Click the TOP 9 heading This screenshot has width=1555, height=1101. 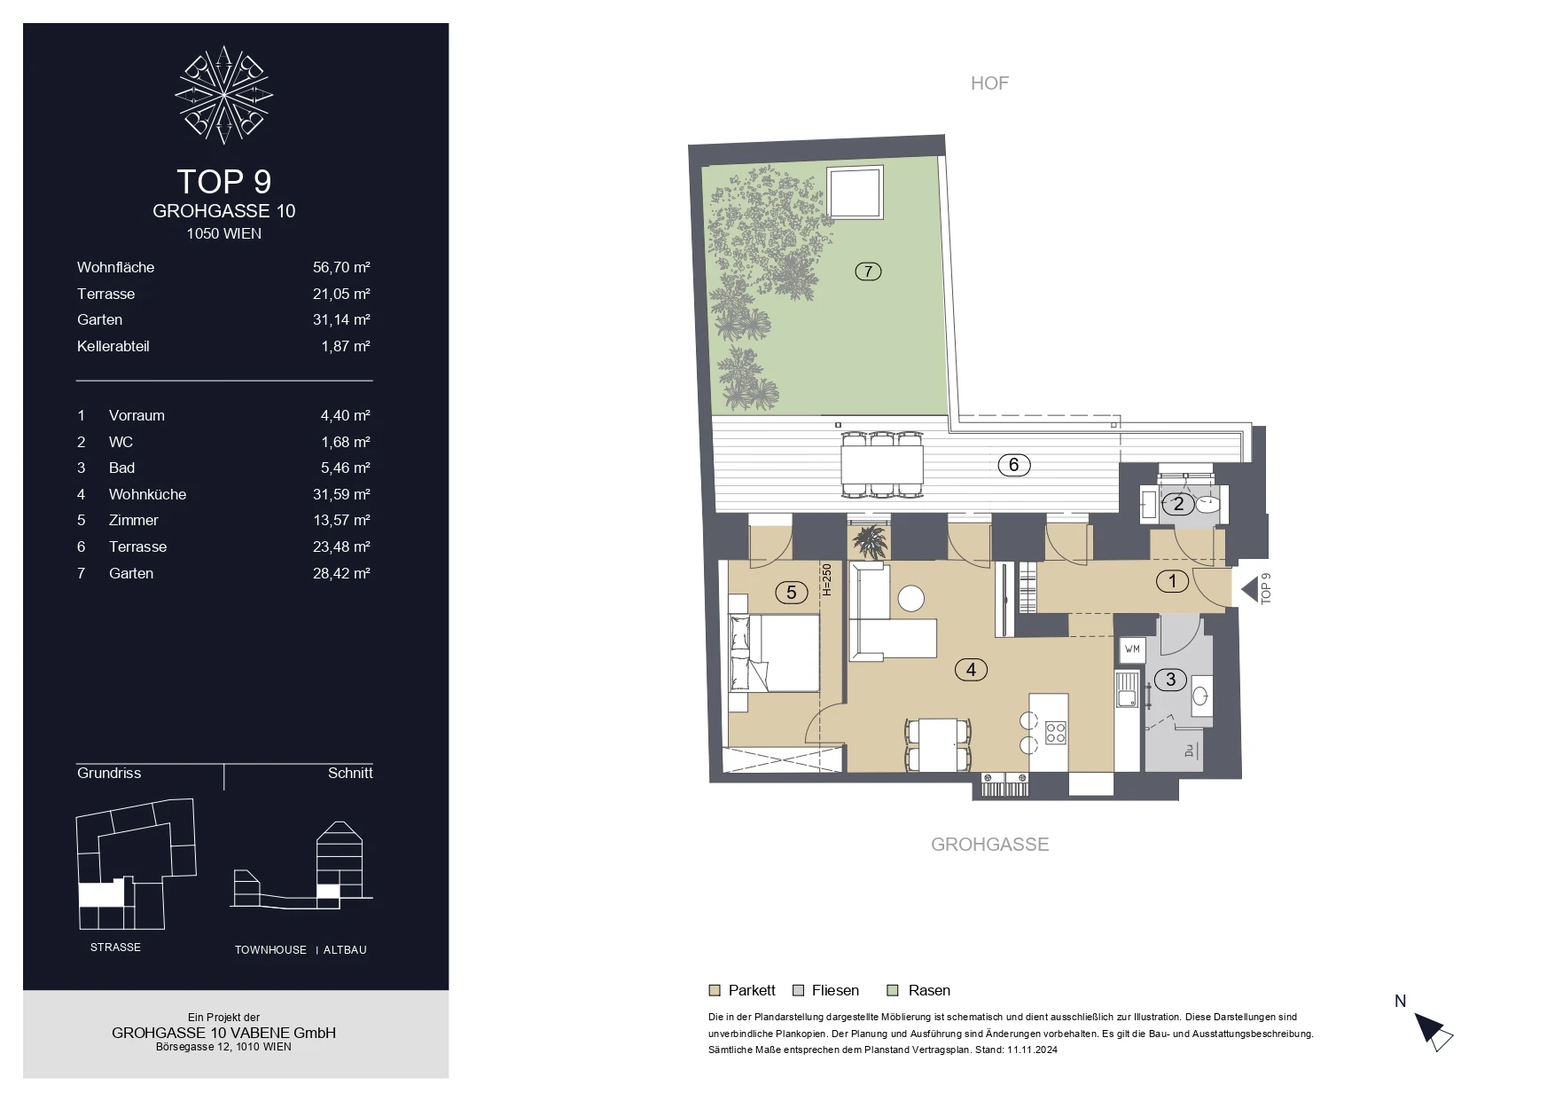pos(224,181)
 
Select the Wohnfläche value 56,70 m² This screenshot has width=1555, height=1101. pos(341,267)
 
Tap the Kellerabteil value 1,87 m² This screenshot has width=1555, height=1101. pos(346,346)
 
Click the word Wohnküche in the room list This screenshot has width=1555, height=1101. pos(147,494)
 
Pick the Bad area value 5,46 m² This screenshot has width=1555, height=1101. pos(346,468)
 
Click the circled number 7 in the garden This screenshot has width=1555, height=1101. pos(868,271)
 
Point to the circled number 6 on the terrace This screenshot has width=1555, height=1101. pos(1014,464)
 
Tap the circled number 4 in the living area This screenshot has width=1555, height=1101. pos(971,670)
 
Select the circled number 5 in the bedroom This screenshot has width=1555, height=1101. pos(792,593)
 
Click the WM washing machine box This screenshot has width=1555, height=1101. pos(1132,649)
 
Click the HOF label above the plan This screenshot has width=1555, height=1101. pos(989,83)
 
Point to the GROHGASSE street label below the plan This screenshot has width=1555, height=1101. pos(989,845)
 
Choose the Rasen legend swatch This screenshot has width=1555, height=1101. pos(894,990)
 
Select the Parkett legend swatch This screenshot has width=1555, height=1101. pos(715,990)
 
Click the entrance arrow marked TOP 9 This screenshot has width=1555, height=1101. pos(1250,589)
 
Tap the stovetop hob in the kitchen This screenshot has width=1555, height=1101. pos(1055,732)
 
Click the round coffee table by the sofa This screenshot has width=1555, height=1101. pos(911,599)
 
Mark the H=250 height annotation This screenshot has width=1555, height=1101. pos(826,580)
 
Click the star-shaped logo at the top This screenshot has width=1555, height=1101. pos(223,95)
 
